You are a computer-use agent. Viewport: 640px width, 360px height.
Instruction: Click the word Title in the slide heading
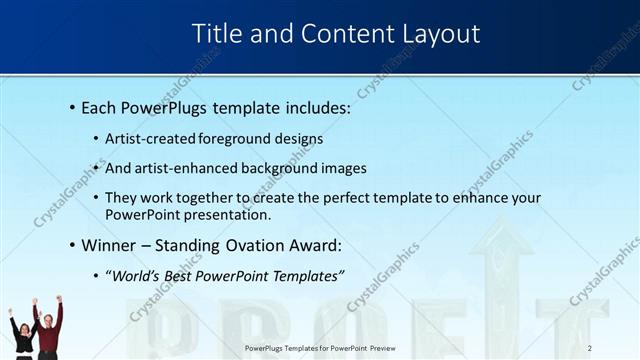214,34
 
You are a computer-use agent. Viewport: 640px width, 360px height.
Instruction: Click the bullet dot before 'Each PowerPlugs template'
72,107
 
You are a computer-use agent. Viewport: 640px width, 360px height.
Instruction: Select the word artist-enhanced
183,168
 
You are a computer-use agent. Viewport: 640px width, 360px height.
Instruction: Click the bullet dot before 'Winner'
72,245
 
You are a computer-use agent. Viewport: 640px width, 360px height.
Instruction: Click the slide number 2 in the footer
590,347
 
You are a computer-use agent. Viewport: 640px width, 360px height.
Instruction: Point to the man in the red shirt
49,330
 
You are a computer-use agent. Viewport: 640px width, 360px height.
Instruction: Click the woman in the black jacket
22,335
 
